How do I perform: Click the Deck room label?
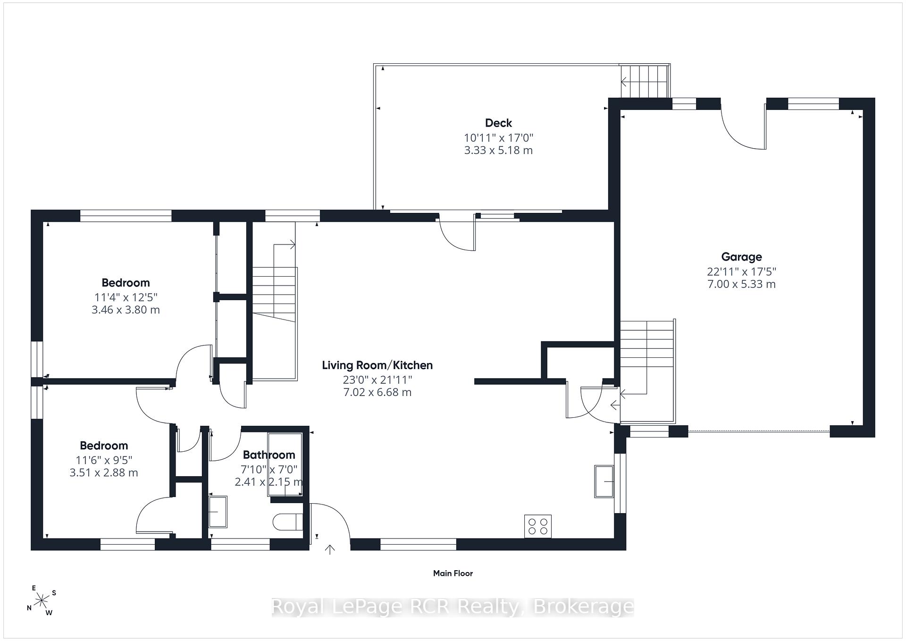tap(498, 123)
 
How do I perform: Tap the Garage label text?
tap(741, 257)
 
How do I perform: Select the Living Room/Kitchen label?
tap(377, 365)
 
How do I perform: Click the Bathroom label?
tap(269, 455)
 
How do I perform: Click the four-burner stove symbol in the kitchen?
tap(538, 526)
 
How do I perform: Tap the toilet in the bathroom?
tap(288, 522)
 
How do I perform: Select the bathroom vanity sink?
tap(218, 512)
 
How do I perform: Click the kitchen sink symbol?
tap(604, 481)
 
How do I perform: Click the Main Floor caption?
tap(453, 573)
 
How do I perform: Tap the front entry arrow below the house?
tap(330, 549)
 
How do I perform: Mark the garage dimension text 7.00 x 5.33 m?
tap(741, 284)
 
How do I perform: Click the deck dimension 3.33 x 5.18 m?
tap(498, 150)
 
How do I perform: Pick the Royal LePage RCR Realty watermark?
tap(453, 607)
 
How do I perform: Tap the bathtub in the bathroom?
tap(285, 464)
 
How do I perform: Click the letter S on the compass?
tap(54, 593)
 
